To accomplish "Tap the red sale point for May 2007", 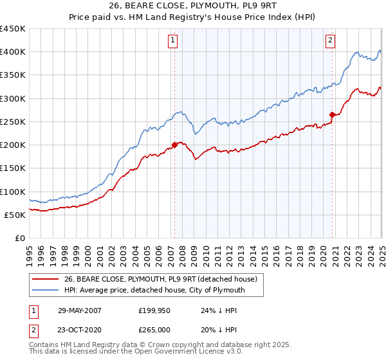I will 174,145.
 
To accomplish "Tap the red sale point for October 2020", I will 332,115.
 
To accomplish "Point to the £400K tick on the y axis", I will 12,52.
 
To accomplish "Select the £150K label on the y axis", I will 12,168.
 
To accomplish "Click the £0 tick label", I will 19,239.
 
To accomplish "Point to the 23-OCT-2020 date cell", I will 80,332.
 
